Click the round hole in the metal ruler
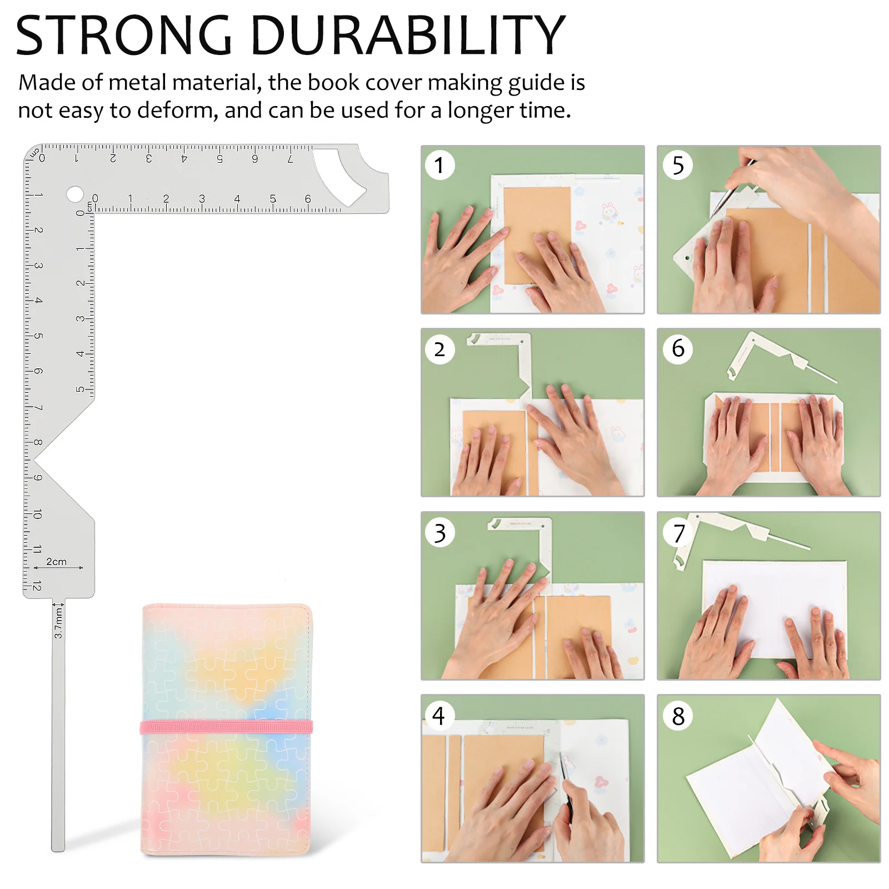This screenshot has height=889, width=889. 74,194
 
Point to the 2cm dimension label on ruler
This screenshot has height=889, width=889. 56,562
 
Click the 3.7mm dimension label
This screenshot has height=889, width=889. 58,622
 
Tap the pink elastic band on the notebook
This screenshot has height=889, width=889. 226,727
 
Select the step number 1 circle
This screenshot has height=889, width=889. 439,165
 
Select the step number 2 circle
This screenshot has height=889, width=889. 439,349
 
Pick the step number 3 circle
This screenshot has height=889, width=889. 439,533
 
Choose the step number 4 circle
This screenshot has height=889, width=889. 439,716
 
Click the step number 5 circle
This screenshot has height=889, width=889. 678,165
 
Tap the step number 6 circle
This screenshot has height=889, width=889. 678,348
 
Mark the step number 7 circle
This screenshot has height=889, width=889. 678,533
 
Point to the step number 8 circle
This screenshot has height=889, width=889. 678,716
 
